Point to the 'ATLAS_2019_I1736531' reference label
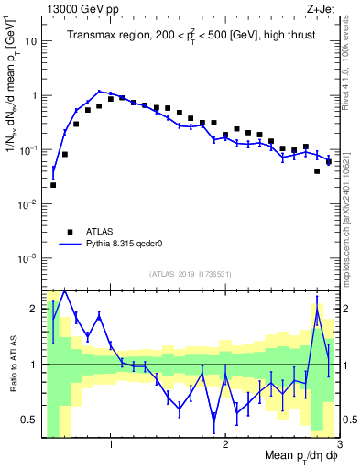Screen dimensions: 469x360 [x=190, y=274]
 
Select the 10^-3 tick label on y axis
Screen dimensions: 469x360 [x=27, y=258]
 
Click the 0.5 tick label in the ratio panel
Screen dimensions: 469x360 [x=29, y=420]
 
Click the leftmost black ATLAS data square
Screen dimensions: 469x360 [x=53, y=185]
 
